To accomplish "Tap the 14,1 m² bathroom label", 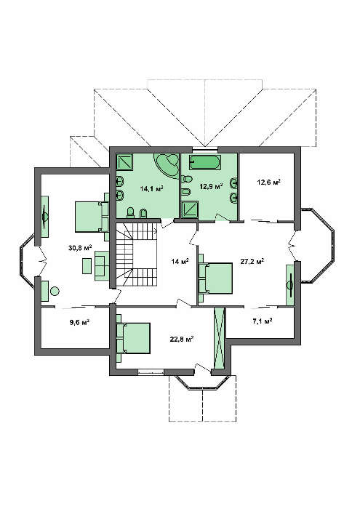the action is coord(151,188).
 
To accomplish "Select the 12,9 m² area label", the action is coord(211,186).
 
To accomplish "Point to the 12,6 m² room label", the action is coord(269,182).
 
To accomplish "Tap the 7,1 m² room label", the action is coord(263,321).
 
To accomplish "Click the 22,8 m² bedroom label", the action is coord(182,340).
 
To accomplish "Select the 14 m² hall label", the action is coord(180,261).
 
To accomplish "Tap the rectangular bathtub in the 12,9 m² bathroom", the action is coord(206,162).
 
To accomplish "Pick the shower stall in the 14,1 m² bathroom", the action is coord(124,161).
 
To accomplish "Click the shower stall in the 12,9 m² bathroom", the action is coord(189,209).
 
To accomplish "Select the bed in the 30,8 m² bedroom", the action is coord(92,217).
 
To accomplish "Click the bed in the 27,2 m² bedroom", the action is coord(215,278).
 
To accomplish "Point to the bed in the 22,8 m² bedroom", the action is coord(133,338).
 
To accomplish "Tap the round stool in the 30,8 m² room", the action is coord(55,291).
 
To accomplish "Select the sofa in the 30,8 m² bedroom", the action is coord(102,265).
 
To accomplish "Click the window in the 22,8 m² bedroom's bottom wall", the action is coord(151,372).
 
